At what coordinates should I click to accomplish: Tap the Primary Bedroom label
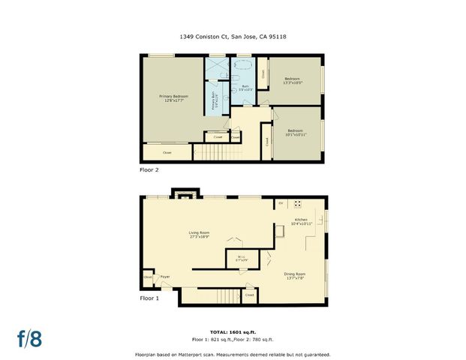point(173,98)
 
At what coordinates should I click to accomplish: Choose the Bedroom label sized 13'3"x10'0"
point(292,81)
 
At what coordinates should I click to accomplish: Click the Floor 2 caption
point(149,170)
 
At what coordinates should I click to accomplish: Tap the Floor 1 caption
point(149,298)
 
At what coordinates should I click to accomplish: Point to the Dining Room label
point(295,276)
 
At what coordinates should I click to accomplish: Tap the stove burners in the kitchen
point(298,203)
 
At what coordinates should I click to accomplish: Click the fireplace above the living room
point(184,196)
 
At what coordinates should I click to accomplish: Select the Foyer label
point(164,277)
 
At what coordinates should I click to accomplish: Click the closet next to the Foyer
point(148,278)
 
